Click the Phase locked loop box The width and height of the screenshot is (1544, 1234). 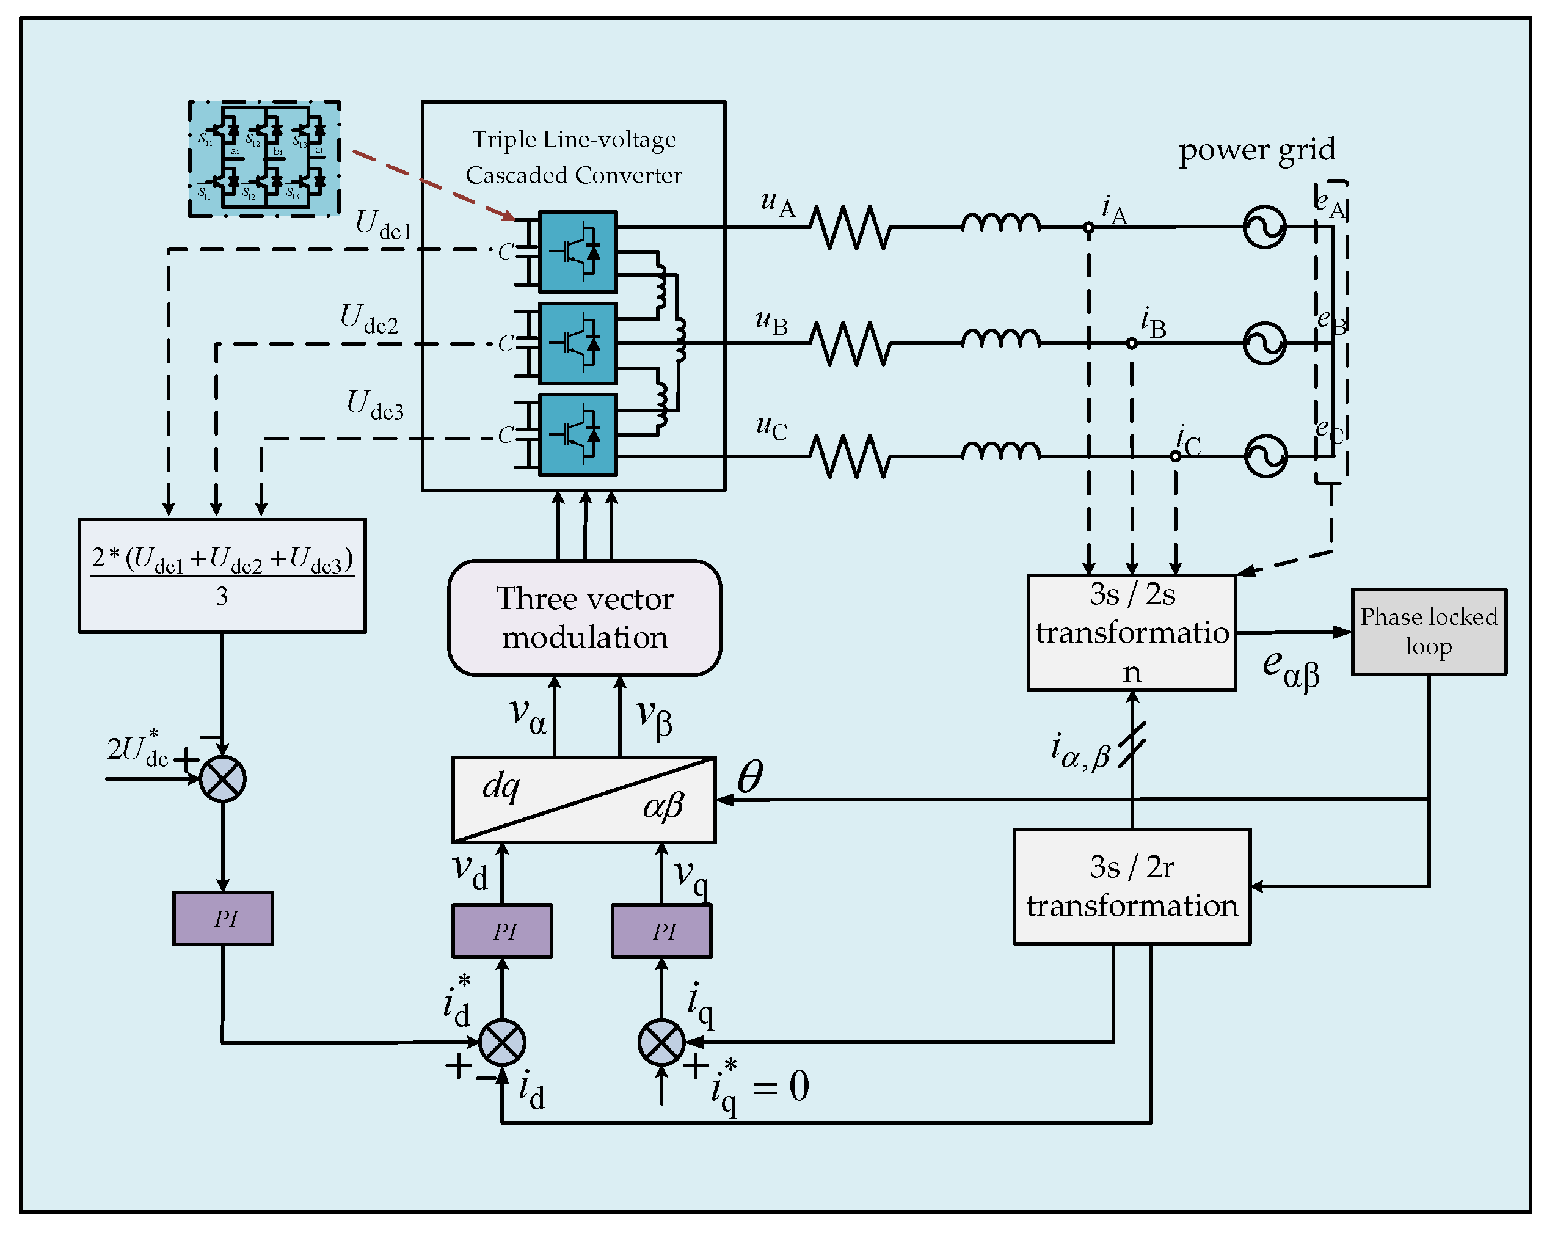[1428, 632]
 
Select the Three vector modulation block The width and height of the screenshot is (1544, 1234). [584, 618]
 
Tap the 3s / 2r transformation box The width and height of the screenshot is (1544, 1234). [1132, 886]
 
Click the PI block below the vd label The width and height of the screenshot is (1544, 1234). [502, 930]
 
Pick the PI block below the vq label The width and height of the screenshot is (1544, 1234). [661, 930]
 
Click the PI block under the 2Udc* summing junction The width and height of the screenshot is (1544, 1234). [223, 918]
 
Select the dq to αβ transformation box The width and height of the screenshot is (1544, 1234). [584, 799]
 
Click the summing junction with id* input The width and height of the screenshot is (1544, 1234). [502, 1042]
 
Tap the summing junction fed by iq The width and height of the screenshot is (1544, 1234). [661, 1042]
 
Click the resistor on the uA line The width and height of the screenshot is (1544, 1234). [850, 227]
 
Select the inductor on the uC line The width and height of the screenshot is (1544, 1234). [1000, 451]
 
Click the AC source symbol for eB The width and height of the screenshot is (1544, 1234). [1264, 343]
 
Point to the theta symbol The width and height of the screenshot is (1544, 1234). [750, 777]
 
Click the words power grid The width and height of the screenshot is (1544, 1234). [1257, 150]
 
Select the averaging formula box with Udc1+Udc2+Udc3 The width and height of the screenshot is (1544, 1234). [222, 576]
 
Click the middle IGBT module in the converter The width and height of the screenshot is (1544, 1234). [577, 344]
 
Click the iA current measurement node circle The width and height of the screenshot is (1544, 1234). [1088, 228]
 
